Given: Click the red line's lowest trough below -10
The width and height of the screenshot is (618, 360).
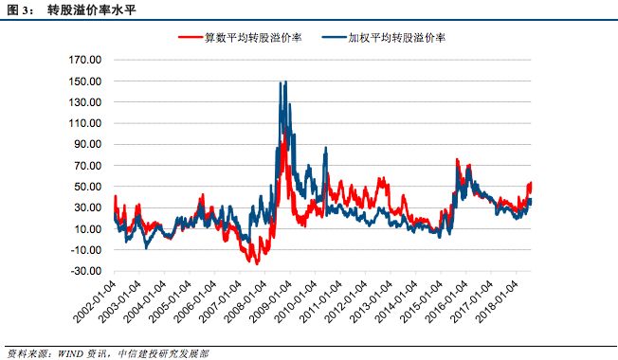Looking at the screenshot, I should coord(256,263).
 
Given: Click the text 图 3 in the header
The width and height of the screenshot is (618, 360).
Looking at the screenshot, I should coord(18,11).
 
